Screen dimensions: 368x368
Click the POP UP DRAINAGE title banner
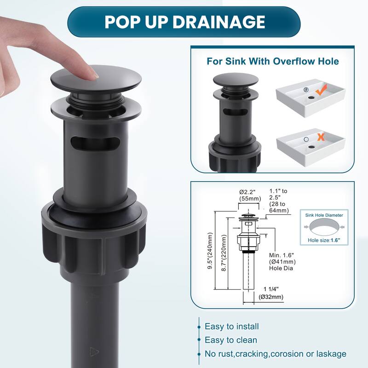coord(184,22)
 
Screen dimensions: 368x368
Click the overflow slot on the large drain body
coord(95,143)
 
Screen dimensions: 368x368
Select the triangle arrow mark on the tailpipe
coord(94,352)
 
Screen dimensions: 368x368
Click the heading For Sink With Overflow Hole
coord(273,61)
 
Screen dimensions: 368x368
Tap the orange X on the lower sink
coord(321,137)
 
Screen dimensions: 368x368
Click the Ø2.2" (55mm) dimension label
coord(250,195)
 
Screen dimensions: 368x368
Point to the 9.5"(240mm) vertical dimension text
coord(210,251)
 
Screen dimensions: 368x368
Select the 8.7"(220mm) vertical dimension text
coord(224,253)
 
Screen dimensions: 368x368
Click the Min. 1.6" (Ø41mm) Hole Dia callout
coord(282,262)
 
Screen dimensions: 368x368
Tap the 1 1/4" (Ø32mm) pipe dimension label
coord(271,293)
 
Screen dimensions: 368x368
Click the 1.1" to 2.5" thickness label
coord(279,201)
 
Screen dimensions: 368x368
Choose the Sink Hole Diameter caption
coord(324,215)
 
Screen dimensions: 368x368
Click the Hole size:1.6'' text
coord(324,240)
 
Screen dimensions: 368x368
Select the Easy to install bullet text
coord(232,327)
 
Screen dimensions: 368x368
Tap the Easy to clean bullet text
coord(231,340)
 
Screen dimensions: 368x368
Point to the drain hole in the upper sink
coord(311,97)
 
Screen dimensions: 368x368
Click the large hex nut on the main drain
coord(94,244)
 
